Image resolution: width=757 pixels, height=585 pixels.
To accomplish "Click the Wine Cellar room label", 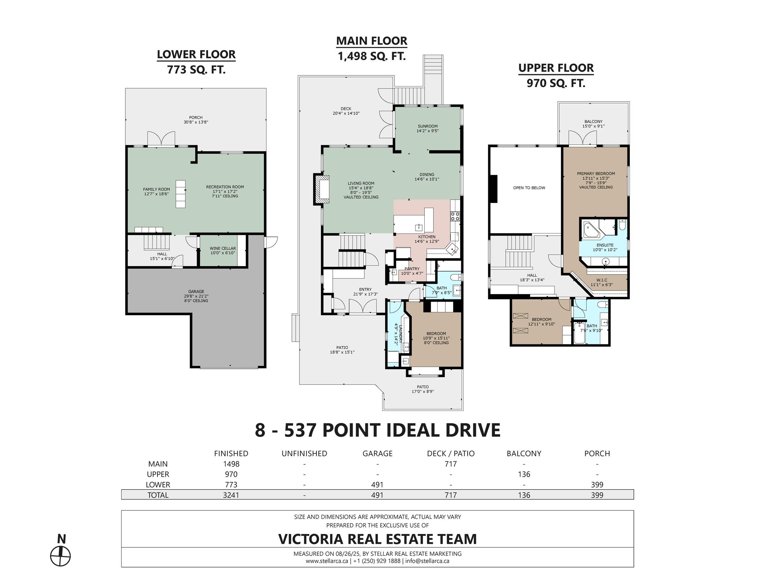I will [x=223, y=249].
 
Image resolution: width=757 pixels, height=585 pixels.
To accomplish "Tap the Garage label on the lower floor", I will [x=196, y=292].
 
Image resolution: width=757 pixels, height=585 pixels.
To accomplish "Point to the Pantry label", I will [x=412, y=269].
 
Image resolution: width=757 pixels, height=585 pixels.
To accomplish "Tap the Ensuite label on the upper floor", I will [x=605, y=245].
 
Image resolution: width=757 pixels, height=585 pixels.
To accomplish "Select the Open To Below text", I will [x=529, y=188].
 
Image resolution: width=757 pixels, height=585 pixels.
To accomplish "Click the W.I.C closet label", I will [x=601, y=280].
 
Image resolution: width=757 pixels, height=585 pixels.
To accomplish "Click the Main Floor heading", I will [x=371, y=41].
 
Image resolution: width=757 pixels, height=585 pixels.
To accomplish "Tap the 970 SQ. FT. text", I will [x=556, y=83].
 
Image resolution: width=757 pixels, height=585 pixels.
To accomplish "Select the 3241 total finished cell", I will [x=231, y=495].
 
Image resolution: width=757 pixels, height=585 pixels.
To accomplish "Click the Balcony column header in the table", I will [x=524, y=453].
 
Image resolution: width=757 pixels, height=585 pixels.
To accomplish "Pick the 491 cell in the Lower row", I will [x=377, y=484].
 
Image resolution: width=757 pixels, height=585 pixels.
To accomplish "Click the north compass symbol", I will [x=60, y=556].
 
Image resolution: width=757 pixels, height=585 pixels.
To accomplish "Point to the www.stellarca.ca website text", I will [x=326, y=561].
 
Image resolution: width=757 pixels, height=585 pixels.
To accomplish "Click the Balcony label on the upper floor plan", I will [x=593, y=121].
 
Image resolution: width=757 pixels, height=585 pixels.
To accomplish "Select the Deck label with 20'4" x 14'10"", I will [x=346, y=109].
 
